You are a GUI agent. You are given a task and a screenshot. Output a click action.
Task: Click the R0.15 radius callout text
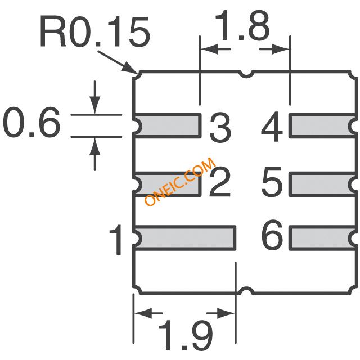[x=95, y=31]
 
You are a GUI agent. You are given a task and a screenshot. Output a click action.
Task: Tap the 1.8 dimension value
[x=242, y=25]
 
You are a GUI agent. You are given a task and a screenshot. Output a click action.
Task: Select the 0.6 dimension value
[x=31, y=122]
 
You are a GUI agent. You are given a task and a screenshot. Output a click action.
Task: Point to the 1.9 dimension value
[x=186, y=335]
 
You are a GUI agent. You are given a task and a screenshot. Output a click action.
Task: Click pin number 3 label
[x=220, y=127]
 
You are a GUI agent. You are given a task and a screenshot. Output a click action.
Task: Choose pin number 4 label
[x=272, y=127]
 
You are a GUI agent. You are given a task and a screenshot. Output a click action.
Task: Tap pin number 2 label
[x=220, y=182]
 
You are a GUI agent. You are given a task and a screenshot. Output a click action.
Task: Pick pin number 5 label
[x=272, y=182]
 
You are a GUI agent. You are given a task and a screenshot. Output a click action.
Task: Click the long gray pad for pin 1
[x=184, y=238]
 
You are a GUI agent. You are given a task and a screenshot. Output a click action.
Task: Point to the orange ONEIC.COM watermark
[x=180, y=181]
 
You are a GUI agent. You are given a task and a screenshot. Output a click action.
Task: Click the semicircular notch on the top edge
[x=246, y=74]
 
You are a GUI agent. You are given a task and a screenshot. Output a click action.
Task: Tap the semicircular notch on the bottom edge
[x=246, y=290]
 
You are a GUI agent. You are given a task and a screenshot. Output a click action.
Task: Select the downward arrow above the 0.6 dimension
[x=95, y=97]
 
